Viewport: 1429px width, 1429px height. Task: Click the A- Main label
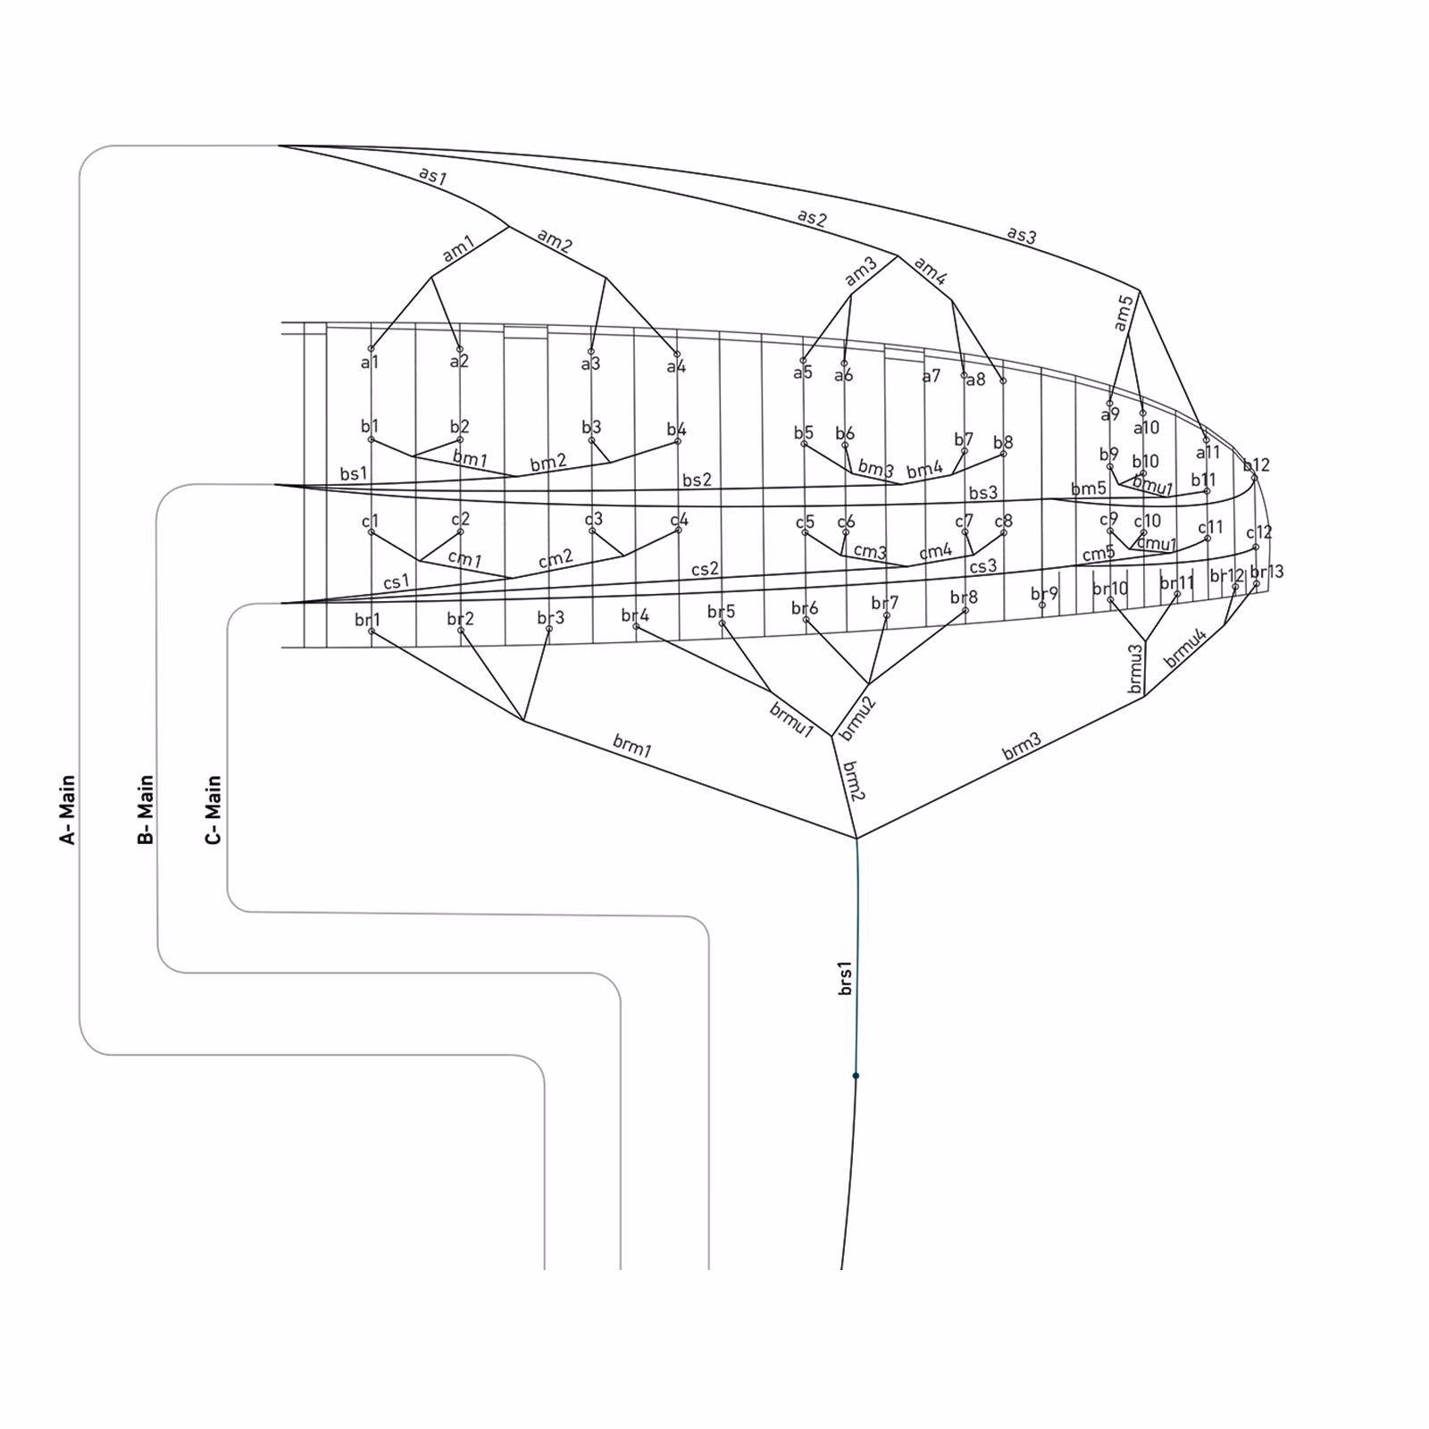click(x=68, y=809)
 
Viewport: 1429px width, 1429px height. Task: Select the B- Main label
click(x=146, y=809)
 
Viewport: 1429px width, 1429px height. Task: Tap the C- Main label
click(x=213, y=809)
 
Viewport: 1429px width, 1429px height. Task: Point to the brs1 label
click(x=845, y=978)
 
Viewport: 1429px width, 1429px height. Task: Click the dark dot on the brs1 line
click(x=856, y=1075)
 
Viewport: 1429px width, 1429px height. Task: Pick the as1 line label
click(x=432, y=175)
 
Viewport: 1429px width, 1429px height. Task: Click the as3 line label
click(x=1022, y=235)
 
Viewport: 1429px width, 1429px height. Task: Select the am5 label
click(x=1124, y=313)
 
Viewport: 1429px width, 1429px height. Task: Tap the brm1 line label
click(x=632, y=746)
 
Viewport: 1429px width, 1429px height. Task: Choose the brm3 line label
click(x=1022, y=747)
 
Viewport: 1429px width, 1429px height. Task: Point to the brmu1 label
click(x=791, y=720)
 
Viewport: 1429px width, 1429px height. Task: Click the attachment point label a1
click(x=370, y=363)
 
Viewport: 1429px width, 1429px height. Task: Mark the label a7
click(x=932, y=376)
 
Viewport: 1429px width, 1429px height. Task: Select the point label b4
click(x=676, y=430)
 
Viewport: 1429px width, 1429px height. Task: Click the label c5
click(x=805, y=522)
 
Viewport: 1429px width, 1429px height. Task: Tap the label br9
click(x=1044, y=593)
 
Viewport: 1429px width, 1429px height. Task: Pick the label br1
click(x=367, y=620)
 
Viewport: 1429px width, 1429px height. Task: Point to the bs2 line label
click(x=697, y=480)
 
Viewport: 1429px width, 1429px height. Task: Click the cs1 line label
click(x=397, y=581)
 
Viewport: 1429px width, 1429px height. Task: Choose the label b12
click(x=1256, y=464)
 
